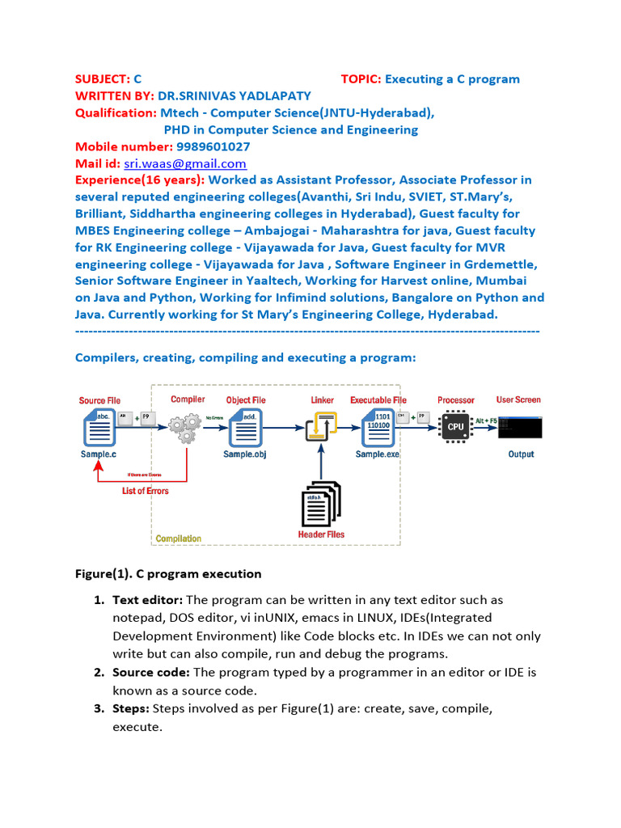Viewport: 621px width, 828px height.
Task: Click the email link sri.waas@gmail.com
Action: coord(184,163)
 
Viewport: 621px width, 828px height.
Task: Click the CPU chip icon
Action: coord(455,426)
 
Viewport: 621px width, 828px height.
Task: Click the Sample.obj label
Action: coord(245,454)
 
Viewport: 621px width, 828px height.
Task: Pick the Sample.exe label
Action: coord(377,454)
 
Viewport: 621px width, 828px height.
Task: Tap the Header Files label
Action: coord(321,534)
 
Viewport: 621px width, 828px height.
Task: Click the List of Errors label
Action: coord(146,491)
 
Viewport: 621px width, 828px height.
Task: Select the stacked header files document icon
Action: coord(321,504)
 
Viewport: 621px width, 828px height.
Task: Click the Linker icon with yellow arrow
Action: coord(321,426)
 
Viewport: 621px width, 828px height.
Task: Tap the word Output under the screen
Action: coord(521,454)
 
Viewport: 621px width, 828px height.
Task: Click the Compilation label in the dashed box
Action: coord(179,539)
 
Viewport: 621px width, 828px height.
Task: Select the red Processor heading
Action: coord(456,400)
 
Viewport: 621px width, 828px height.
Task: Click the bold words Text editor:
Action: coord(148,600)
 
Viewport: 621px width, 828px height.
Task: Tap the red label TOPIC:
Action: coord(361,79)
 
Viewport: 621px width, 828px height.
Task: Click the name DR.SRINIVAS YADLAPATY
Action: coord(234,96)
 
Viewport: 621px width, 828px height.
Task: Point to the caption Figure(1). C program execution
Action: coord(168,574)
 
